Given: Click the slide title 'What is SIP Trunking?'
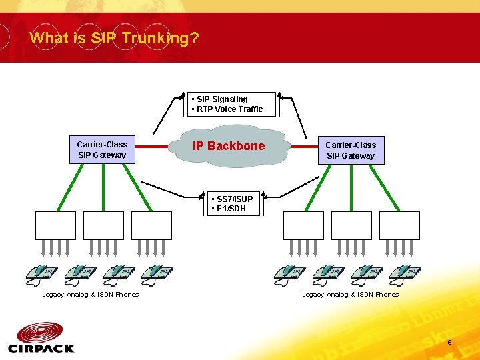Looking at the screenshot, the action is [x=114, y=38].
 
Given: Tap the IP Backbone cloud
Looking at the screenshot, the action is [x=229, y=146].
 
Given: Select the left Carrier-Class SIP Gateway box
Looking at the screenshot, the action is [x=102, y=150].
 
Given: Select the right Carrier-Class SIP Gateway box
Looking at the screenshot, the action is [x=351, y=150].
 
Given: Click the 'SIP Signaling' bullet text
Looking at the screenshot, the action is [x=221, y=99].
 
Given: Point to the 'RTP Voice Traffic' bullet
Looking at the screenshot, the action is [x=229, y=109].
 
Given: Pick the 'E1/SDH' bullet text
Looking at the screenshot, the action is [x=229, y=209].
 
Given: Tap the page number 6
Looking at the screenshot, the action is [x=449, y=343].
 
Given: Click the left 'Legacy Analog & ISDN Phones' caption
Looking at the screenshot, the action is [x=90, y=295].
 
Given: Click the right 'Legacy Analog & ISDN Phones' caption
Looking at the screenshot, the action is [x=350, y=295].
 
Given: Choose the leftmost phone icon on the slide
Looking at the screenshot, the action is [x=41, y=273].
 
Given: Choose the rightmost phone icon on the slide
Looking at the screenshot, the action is [x=405, y=273].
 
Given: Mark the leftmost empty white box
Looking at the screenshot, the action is [x=56, y=225].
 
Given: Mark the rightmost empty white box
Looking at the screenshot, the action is [x=399, y=225].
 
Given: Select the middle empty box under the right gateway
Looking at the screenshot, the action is [x=351, y=225].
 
